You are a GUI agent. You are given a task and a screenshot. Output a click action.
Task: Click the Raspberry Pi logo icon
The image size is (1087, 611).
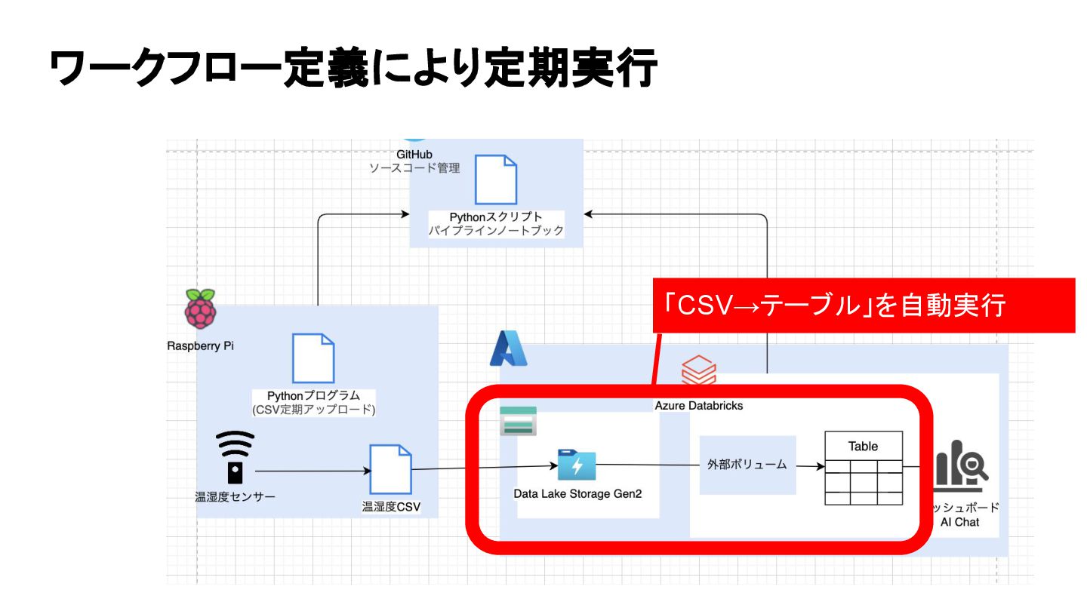click(x=200, y=309)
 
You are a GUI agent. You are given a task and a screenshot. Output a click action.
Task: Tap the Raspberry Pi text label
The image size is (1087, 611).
click(x=201, y=345)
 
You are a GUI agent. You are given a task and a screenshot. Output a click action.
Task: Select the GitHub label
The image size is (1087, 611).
click(x=414, y=154)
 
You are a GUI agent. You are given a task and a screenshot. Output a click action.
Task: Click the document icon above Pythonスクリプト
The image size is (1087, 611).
click(x=495, y=180)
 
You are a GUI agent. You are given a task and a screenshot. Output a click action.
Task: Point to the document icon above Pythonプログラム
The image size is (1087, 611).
click(x=313, y=358)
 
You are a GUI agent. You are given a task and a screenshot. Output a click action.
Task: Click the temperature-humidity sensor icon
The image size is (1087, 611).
click(x=235, y=457)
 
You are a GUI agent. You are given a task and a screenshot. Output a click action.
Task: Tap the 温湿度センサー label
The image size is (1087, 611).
click(x=235, y=496)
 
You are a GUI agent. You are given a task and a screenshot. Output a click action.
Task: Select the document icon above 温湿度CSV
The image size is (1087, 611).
click(x=391, y=469)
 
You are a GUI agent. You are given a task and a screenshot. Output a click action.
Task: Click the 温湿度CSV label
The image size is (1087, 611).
click(x=391, y=507)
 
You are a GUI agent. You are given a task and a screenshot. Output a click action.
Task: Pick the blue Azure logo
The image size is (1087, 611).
click(x=508, y=348)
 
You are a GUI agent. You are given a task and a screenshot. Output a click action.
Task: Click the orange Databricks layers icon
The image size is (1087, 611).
click(x=699, y=370)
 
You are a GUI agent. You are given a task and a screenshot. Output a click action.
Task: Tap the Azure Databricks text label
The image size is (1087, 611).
click(x=699, y=406)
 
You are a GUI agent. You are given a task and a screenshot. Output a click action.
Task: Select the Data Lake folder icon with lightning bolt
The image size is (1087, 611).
click(x=577, y=465)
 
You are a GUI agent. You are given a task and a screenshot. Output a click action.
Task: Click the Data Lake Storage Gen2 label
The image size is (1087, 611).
click(x=577, y=493)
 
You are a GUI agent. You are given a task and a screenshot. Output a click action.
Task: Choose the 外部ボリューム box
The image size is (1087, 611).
click(x=747, y=465)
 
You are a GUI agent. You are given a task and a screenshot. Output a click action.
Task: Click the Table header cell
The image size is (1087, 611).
click(x=864, y=446)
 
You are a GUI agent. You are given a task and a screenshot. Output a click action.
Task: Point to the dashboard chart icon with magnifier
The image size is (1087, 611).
click(x=961, y=463)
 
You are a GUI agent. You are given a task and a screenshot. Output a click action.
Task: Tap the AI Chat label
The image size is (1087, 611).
click(x=959, y=522)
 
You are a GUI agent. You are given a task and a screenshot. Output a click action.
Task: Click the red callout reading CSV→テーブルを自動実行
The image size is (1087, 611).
click(x=864, y=305)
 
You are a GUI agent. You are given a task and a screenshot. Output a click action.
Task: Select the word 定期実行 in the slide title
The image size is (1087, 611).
click(x=570, y=68)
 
